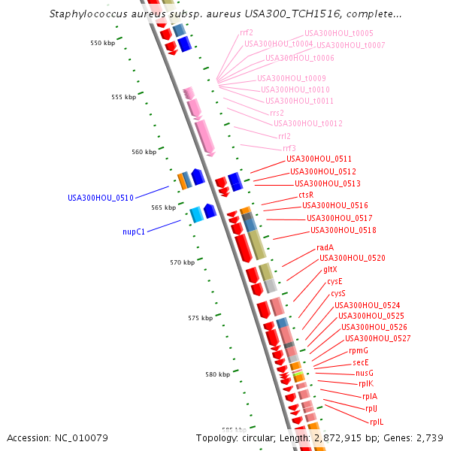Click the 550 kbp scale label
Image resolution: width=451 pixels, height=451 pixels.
(101, 43)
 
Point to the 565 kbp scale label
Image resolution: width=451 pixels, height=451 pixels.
(163, 207)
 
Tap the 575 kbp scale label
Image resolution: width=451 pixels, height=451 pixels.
(200, 318)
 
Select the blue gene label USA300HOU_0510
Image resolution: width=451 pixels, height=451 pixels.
(101, 198)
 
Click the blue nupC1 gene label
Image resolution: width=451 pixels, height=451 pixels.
(134, 232)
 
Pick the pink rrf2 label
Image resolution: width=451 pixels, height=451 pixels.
(247, 32)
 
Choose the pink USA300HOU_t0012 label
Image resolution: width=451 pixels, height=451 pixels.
(308, 123)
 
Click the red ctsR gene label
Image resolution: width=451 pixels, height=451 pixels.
(306, 194)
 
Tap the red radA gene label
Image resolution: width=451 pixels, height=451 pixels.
(325, 247)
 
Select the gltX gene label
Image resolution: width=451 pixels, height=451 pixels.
(330, 269)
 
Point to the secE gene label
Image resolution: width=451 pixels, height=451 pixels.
(361, 362)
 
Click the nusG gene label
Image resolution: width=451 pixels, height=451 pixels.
(365, 373)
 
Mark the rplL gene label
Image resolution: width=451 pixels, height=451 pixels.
(376, 422)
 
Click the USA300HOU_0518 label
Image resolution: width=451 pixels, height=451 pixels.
(344, 230)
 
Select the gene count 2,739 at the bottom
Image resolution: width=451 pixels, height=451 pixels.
(427, 437)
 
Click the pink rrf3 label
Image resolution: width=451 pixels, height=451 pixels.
(289, 148)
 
